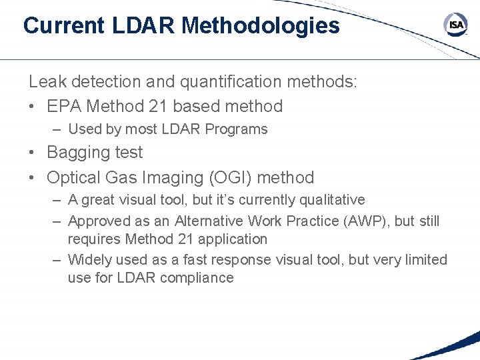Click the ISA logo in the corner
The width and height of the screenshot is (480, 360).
[455, 25]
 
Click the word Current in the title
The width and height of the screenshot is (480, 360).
[63, 26]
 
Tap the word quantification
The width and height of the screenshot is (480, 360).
[214, 82]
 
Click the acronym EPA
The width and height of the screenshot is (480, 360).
[64, 106]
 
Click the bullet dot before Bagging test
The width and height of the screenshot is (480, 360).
[33, 153]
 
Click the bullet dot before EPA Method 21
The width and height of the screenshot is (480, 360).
[33, 106]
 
